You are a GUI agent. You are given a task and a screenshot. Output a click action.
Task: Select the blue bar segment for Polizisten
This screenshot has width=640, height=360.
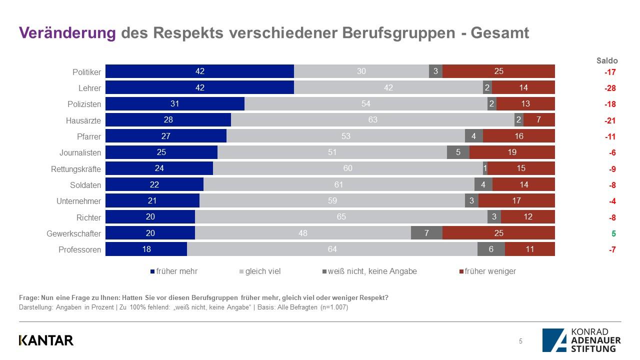[174, 104]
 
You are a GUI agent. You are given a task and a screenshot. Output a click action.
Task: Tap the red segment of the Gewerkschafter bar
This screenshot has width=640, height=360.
[498, 233]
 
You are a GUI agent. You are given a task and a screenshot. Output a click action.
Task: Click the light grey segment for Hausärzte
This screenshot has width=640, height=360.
[372, 120]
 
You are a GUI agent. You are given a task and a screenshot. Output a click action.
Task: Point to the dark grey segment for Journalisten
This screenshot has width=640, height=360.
[458, 152]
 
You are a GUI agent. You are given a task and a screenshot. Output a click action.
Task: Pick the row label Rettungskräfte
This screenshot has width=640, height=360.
[76, 169]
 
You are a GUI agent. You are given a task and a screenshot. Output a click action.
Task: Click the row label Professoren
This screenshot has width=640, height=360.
[80, 249]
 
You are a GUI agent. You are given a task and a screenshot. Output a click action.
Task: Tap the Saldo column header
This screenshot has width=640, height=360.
[607, 60]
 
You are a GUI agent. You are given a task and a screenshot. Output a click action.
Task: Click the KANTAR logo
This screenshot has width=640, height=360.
[46, 340]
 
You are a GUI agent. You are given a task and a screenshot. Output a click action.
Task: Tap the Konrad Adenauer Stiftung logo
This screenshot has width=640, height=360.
[581, 340]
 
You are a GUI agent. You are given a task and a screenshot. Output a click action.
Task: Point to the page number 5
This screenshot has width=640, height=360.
[520, 341]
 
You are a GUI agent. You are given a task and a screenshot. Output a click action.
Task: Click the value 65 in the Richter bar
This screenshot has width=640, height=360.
[341, 217]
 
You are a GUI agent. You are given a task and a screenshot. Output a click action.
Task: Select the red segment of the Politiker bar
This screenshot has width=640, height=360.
[498, 71]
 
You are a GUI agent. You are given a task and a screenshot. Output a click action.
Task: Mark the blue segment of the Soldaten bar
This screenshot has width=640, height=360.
[154, 185]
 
